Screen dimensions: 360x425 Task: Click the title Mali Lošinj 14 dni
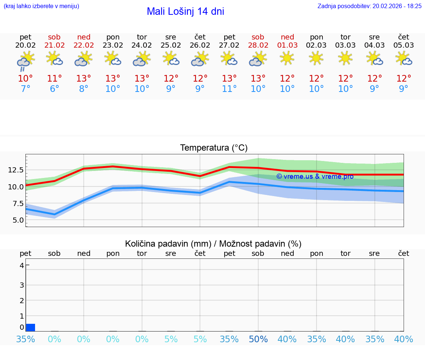coord(185,11)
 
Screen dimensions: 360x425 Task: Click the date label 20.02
coord(25,45)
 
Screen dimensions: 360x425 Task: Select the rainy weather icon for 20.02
coord(25,61)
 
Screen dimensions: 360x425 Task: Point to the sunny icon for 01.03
coord(287,58)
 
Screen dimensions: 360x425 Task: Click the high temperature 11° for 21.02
coord(55,78)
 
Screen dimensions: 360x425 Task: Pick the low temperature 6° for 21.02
coord(55,89)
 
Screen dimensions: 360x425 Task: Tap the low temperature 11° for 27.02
coord(229,89)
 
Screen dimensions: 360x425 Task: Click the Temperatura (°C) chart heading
coord(214,148)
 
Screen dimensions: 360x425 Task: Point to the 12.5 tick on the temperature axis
coord(16,170)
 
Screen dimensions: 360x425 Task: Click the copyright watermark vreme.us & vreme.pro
coord(315,176)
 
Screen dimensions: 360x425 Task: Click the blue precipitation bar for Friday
coord(31,328)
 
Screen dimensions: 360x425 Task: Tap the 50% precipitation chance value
coord(258,339)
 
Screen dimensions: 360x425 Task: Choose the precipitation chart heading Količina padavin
coord(213,244)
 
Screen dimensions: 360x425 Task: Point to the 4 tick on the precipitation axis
coord(22,265)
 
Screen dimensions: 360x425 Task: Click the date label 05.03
coord(404,45)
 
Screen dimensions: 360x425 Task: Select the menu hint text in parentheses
coord(41,6)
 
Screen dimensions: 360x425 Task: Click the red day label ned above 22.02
coord(84,37)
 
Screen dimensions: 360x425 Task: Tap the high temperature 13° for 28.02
coord(258,78)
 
